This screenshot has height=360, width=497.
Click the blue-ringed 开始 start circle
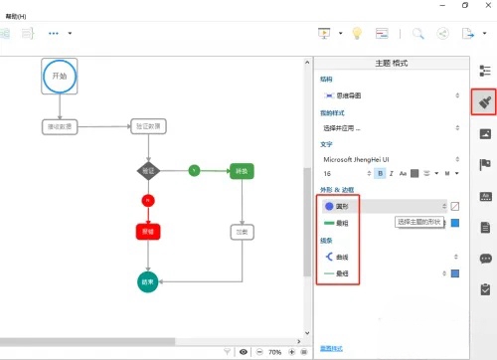pos(59,77)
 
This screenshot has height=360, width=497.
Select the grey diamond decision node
pos(148,170)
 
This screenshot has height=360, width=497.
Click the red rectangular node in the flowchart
pos(148,231)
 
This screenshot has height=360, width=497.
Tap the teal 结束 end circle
pos(148,281)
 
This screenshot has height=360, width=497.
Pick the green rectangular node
pos(242,170)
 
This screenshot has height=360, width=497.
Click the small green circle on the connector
pos(194,170)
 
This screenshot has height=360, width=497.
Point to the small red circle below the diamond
pos(148,200)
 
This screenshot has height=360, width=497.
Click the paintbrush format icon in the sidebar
pos(484,101)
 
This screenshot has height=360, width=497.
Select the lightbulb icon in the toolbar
pos(357,33)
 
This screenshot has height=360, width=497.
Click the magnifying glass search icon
pos(418,33)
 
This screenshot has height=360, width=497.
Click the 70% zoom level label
pos(275,352)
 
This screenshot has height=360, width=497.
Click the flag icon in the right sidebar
pos(484,164)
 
